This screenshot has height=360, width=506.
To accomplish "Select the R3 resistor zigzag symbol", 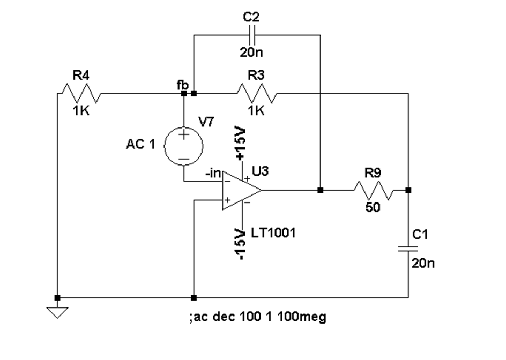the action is coord(257,93).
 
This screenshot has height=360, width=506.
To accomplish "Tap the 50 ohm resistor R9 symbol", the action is coord(374,190).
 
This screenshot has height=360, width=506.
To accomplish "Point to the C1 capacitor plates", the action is coord(408,249).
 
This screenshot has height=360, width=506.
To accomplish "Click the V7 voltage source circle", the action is coord(184,146).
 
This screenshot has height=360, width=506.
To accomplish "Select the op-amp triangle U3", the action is coord(242,190).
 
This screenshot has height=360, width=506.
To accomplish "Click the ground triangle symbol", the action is coord(57,312).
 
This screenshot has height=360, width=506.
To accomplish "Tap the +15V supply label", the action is coord(241,143).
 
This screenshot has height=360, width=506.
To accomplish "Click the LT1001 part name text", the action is coord(273,232).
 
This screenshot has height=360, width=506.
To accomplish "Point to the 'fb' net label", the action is coord(182,85).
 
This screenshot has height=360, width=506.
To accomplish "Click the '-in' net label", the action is coord(213,174).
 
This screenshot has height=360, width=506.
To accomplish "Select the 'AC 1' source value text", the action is coord(140,144).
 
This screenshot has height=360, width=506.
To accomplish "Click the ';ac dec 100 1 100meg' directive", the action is coord(258,317).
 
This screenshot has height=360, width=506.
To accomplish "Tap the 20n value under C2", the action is coord(251,52).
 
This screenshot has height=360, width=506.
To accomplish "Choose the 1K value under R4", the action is coord(81,111).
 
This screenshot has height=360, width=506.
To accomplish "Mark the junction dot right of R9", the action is coord(408,190).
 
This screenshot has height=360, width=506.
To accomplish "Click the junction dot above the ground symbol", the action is coord(57,297).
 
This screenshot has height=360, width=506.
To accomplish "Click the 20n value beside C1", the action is coord(423,264).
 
